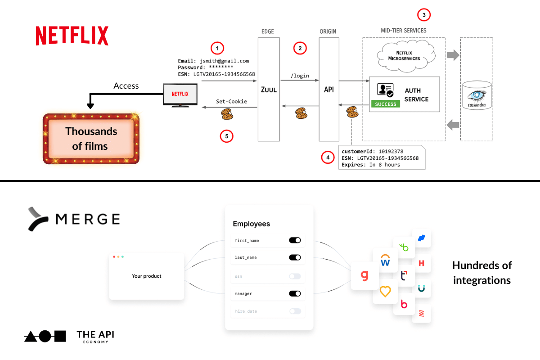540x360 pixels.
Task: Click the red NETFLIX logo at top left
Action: [72, 36]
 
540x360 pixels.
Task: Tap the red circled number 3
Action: [423, 15]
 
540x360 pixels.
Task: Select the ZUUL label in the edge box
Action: [269, 90]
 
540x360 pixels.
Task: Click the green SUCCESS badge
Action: [386, 104]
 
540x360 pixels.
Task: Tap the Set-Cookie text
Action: [231, 101]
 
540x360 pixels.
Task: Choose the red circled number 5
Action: [226, 135]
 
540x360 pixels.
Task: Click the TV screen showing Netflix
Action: [180, 94]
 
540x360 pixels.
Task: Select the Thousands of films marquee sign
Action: [91, 139]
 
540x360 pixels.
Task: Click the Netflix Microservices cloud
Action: [404, 55]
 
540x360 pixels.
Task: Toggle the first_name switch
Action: [295, 240]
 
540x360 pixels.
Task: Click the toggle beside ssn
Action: [295, 276]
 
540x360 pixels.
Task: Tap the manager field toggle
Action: [295, 293]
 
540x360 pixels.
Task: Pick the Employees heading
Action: [251, 224]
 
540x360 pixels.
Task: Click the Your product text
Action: [147, 276]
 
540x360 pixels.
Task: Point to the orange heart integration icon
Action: [385, 291]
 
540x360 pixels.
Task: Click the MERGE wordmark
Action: [87, 219]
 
